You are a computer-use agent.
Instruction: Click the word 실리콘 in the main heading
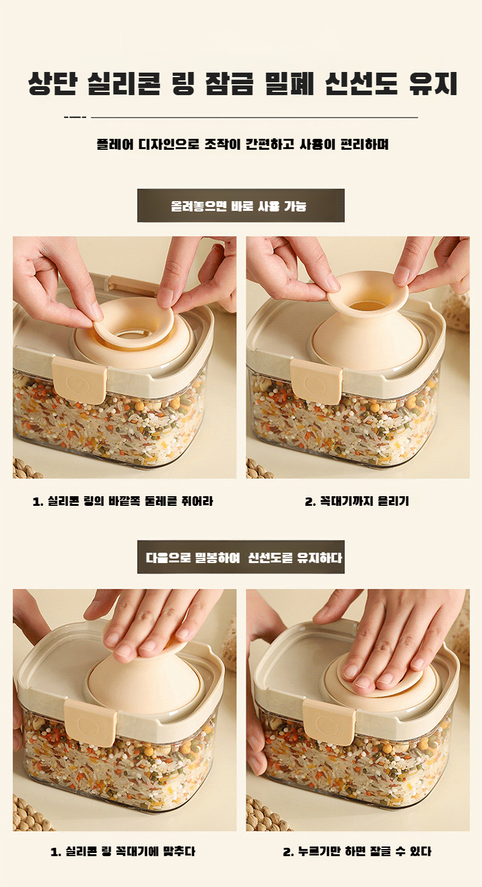click(124, 84)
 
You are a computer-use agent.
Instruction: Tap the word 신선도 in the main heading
click(361, 84)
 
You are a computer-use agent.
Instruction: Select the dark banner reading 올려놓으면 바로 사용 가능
click(241, 206)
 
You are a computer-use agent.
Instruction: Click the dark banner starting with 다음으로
click(241, 557)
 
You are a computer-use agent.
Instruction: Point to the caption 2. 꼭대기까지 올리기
click(357, 501)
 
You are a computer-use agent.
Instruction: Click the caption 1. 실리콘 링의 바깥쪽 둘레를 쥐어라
click(123, 501)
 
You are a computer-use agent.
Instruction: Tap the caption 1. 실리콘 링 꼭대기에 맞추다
click(123, 852)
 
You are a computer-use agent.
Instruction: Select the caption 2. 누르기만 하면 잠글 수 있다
click(357, 852)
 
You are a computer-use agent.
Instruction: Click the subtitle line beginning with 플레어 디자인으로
click(242, 144)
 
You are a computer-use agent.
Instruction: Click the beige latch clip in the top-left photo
click(80, 381)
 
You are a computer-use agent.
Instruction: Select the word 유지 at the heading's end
click(433, 84)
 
